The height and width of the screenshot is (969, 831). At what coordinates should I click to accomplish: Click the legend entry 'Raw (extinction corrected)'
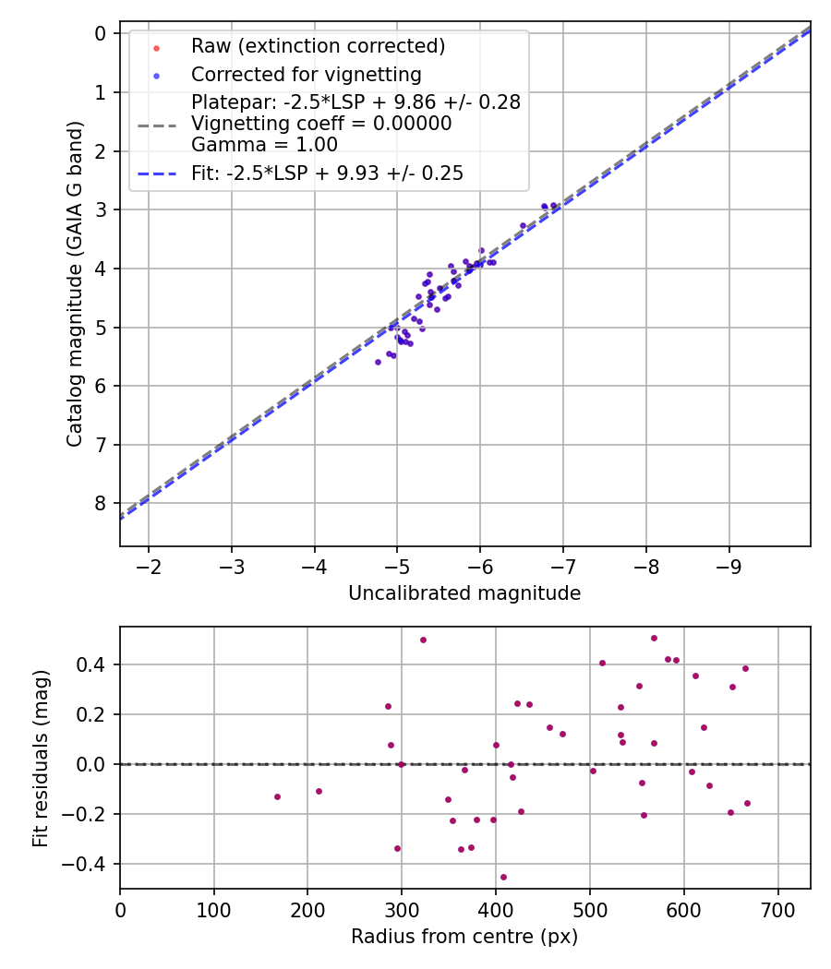[x=318, y=45]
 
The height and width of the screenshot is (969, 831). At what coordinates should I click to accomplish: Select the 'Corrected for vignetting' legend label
[x=306, y=74]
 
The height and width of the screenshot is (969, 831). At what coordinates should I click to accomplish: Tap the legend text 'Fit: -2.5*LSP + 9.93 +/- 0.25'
[x=327, y=173]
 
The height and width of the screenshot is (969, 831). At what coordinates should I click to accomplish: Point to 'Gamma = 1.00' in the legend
[x=264, y=144]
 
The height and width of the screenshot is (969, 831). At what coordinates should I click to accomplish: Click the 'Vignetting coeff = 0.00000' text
[x=321, y=124]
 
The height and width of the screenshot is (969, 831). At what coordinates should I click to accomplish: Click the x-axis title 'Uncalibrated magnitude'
[x=464, y=593]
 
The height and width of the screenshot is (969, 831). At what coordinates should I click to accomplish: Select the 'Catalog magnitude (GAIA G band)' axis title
[x=75, y=284]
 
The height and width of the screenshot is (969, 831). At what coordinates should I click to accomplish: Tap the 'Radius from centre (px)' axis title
[x=464, y=937]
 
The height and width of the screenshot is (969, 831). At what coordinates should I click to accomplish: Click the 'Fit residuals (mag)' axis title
[x=41, y=759]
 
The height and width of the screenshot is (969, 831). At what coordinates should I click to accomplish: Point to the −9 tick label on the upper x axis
[x=729, y=566]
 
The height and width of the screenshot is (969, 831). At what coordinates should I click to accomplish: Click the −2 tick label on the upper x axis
[x=149, y=566]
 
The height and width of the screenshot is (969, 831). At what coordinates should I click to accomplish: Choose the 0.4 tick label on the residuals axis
[x=92, y=664]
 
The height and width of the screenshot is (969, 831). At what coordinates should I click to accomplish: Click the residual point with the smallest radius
[x=277, y=796]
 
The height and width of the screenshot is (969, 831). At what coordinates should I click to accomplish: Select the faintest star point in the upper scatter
[x=378, y=362]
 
